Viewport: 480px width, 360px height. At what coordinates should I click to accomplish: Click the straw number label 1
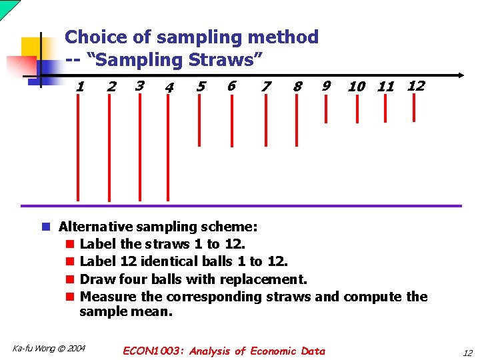81,87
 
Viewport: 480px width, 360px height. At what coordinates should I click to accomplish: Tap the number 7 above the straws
267,87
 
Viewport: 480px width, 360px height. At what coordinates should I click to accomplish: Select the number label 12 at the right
416,85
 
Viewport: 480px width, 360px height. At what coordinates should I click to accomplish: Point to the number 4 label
169,87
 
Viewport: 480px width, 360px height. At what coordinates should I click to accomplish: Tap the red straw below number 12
415,109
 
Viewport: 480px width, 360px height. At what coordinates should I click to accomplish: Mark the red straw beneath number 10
357,111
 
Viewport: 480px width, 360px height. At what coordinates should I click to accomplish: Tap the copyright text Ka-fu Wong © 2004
49,348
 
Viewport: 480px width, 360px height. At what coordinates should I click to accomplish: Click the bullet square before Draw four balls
71,279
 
